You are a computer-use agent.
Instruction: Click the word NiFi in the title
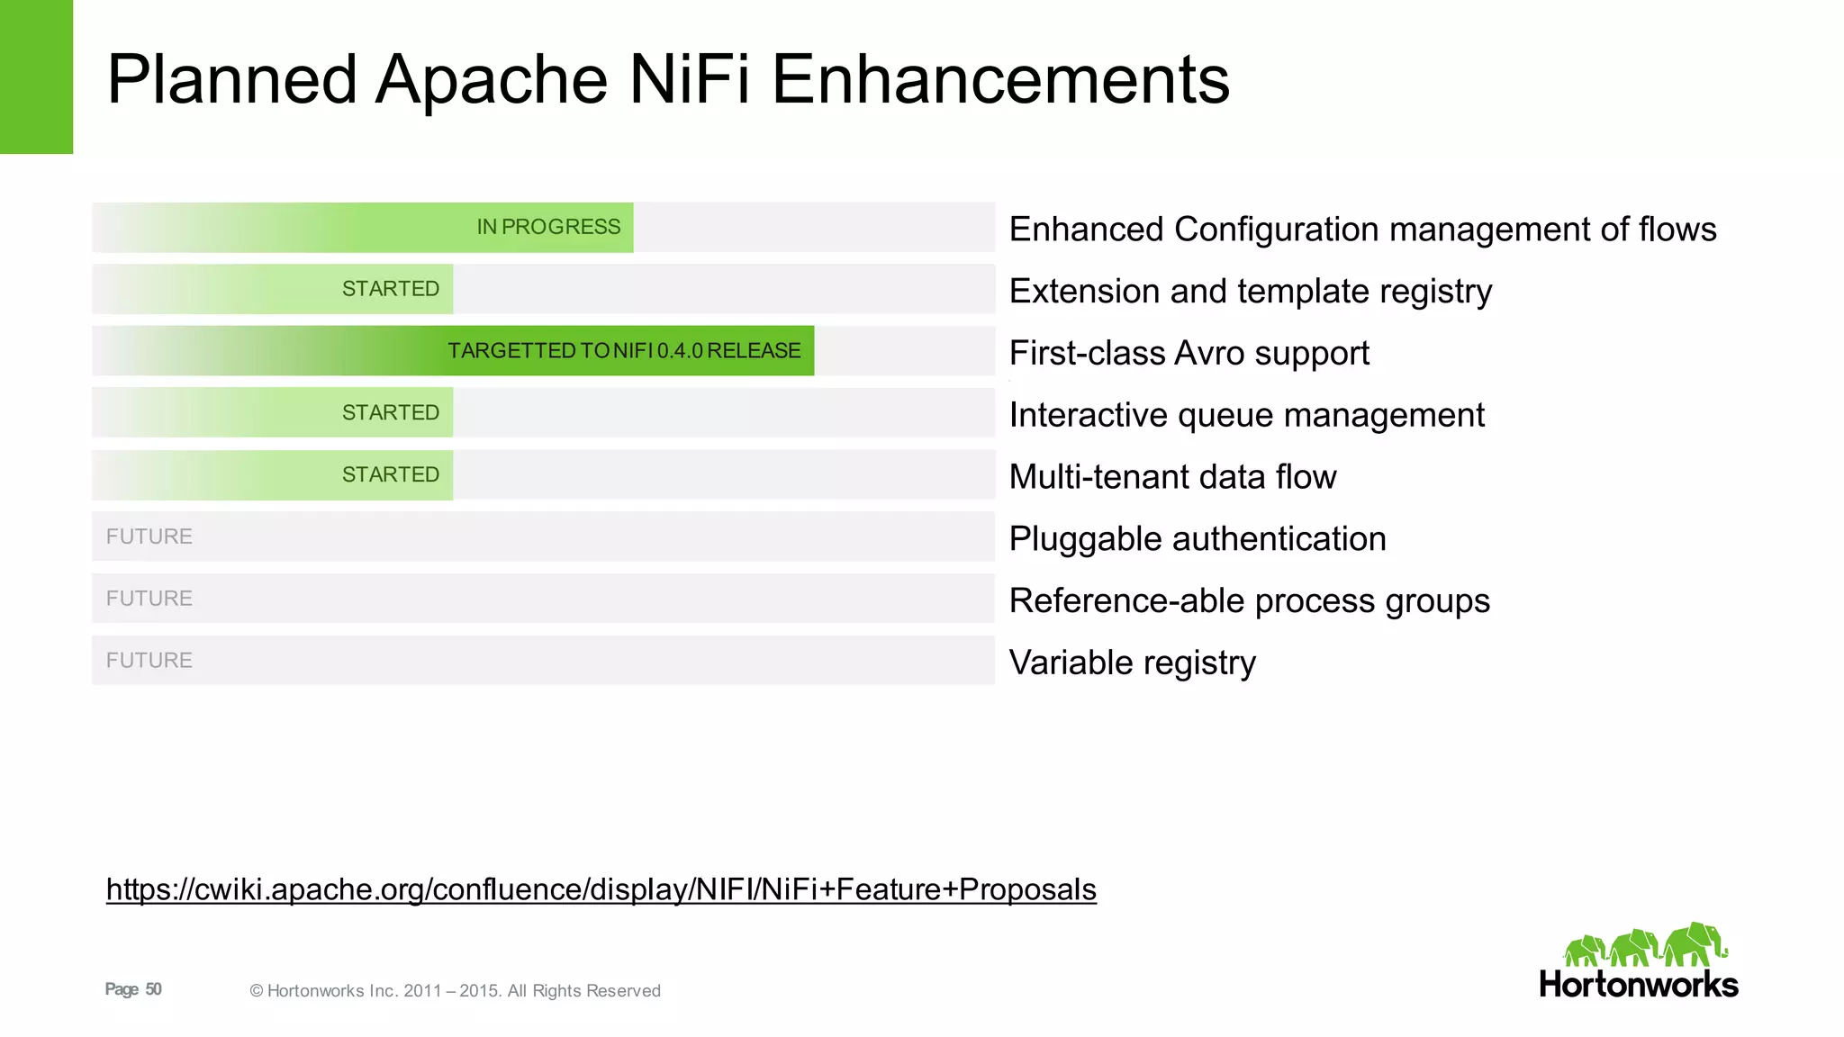[689, 79]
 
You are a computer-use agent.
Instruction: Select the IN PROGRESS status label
[548, 227]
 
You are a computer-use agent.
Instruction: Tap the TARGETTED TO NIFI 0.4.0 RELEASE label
[624, 351]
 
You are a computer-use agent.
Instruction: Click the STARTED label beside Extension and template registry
[391, 289]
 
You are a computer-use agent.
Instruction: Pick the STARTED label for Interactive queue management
[391, 412]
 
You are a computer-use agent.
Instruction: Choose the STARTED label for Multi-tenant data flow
[391, 474]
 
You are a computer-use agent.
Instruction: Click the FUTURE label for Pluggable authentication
[149, 537]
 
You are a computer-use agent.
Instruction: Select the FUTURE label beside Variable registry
[149, 661]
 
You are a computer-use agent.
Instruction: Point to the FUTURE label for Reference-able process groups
[149, 599]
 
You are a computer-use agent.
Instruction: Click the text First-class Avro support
[1189, 353]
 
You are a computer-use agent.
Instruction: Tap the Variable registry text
[1132, 663]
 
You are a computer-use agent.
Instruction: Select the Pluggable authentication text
[1198, 538]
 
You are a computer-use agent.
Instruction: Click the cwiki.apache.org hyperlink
[601, 889]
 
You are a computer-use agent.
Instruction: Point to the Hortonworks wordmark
[1639, 985]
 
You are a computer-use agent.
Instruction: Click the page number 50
[154, 989]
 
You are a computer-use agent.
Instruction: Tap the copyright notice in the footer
[455, 991]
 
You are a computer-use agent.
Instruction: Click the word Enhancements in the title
[1000, 79]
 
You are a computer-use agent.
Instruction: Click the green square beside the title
[36, 77]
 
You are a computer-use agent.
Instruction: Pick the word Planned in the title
[232, 79]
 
